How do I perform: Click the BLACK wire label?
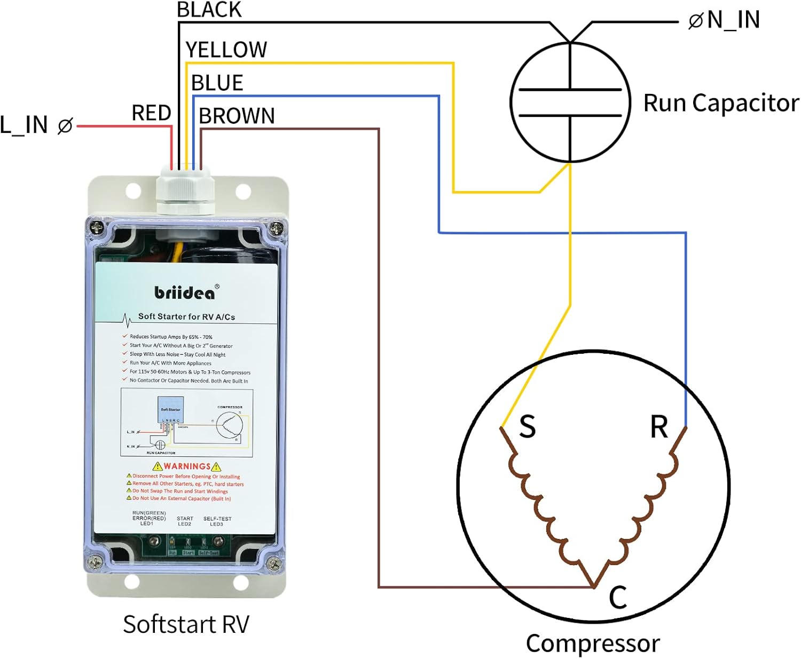209,10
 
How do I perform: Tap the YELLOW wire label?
226,50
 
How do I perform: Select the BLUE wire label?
217,83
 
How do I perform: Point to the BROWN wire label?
237,116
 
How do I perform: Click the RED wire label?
151,113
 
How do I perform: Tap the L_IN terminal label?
24,125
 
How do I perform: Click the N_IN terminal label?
733,20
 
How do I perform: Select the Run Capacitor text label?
721,103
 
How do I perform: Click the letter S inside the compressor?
527,427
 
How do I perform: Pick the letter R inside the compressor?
659,427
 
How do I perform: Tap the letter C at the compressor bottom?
618,597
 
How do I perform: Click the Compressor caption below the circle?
593,644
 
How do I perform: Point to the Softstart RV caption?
186,624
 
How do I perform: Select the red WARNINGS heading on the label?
187,466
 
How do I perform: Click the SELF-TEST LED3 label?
217,521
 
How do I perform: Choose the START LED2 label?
185,521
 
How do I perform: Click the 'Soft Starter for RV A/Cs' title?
186,316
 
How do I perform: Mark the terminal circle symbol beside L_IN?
65,126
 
